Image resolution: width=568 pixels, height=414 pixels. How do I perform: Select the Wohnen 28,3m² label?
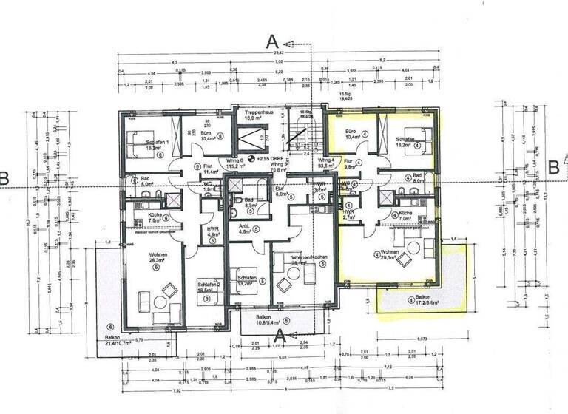[156, 258]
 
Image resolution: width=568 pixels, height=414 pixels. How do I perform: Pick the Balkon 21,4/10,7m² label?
[118, 341]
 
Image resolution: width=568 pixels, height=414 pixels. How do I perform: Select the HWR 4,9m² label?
[210, 231]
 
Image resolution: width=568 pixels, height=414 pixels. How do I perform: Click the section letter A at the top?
[272, 41]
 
